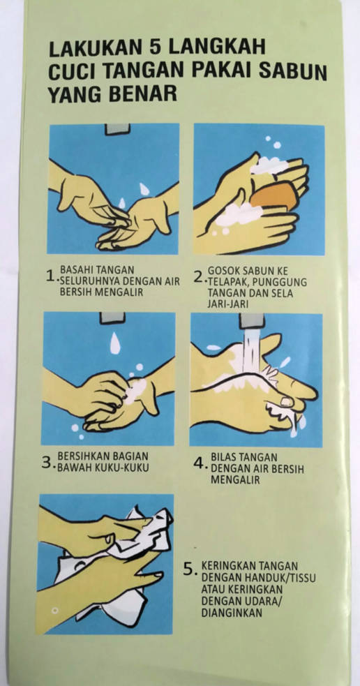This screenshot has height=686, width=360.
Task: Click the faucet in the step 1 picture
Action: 117,129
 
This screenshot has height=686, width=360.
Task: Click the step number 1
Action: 51,276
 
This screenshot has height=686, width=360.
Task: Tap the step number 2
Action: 199,276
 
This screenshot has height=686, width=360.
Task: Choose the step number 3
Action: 47,463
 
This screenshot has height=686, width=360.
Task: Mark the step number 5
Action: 188,569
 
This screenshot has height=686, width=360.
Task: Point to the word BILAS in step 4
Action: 223,457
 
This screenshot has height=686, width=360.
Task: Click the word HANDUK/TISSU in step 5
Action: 286,578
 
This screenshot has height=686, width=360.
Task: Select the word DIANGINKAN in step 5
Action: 232,613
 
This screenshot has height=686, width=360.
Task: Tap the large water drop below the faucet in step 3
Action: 114,343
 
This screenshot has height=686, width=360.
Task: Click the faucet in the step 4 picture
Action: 252,320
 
